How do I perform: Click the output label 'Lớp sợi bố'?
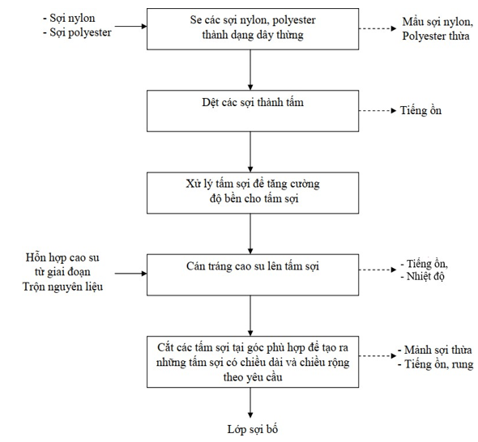pos(253,429)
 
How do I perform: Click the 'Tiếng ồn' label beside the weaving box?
pos(420,110)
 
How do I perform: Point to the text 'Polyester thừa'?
pos(436,36)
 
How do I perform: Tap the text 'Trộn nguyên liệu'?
pos(63,287)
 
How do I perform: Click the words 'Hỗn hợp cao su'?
pos(62,257)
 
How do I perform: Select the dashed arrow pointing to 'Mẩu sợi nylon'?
pos(378,28)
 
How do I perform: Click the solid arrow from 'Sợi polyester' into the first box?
pos(130,27)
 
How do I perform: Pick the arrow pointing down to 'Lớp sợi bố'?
pos(250,402)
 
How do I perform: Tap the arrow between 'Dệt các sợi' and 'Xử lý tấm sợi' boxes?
pos(250,152)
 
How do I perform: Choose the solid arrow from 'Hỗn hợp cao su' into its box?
pos(130,274)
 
